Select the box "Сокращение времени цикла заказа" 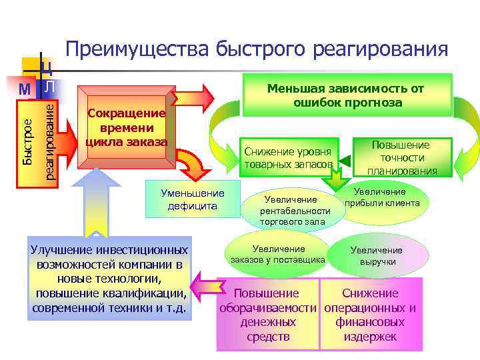tap(126, 127)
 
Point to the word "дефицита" tap(193, 206)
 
